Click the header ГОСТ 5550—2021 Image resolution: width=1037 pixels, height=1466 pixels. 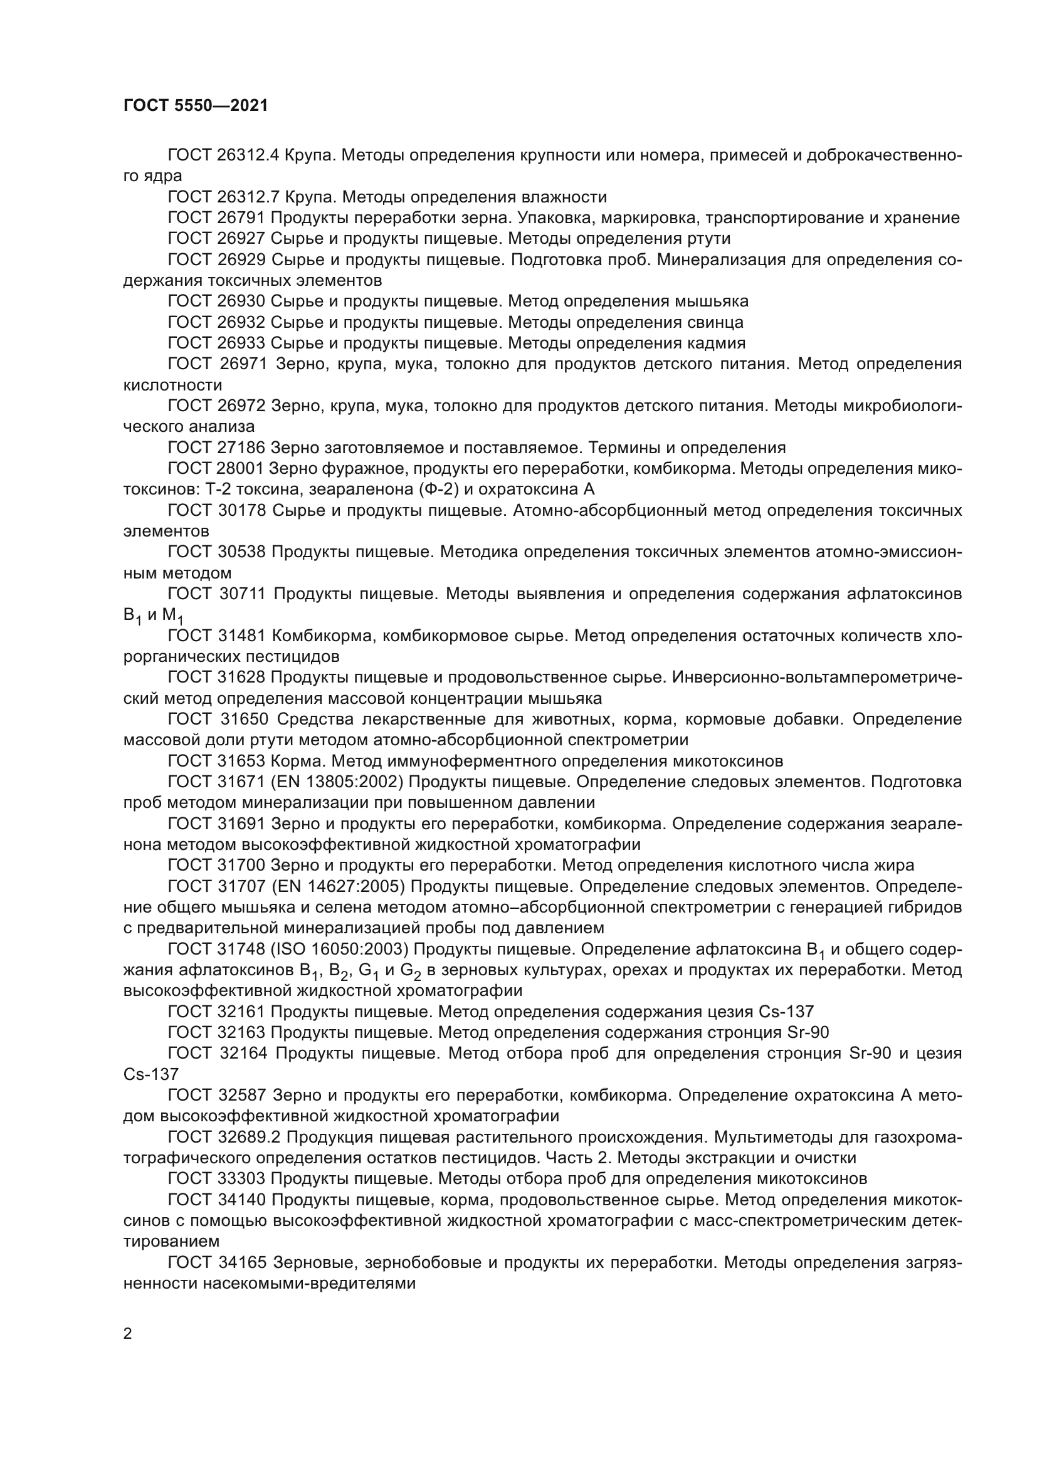(196, 106)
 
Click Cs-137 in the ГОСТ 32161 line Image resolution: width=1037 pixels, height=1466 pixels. (786, 1012)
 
